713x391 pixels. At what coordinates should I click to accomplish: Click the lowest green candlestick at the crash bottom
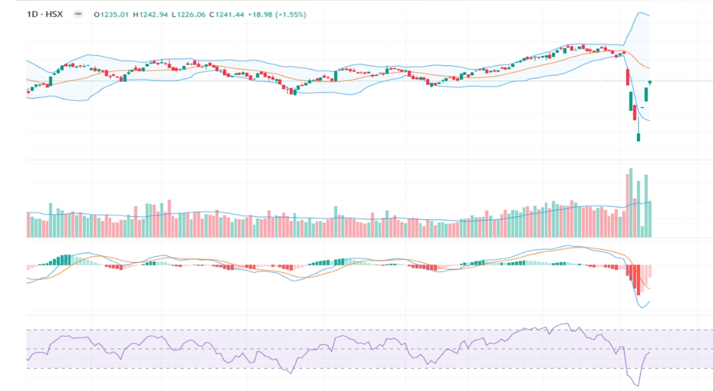click(639, 137)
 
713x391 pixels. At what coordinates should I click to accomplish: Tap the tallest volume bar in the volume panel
click(631, 203)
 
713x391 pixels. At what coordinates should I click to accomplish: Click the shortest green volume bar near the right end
click(642, 232)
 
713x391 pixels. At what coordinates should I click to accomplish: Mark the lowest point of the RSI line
click(638, 386)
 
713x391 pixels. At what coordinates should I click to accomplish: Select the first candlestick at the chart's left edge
click(28, 91)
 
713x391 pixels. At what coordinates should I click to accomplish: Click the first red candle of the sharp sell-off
click(627, 76)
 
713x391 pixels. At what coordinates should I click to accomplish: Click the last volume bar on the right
click(650, 219)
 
